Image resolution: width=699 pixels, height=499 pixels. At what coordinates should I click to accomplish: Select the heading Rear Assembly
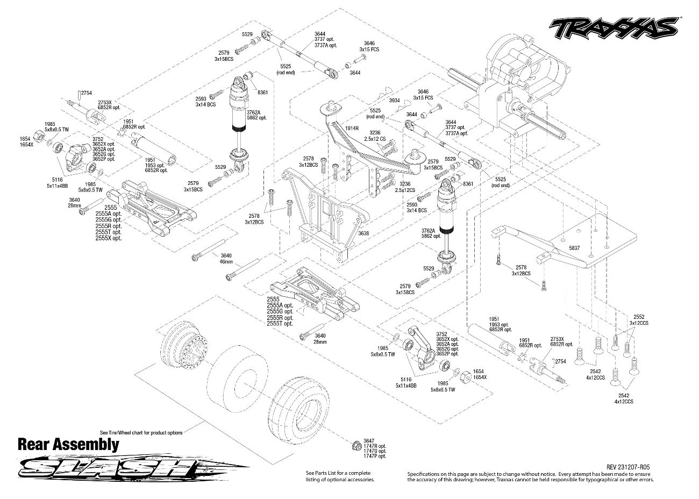coord(68,445)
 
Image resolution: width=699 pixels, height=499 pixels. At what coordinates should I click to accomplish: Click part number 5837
coord(575,248)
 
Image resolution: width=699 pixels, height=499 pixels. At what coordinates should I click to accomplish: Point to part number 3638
coord(363,233)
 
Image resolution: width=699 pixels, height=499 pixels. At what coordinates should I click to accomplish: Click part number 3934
coord(395,101)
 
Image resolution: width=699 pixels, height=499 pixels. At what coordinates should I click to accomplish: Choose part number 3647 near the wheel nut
coord(368,440)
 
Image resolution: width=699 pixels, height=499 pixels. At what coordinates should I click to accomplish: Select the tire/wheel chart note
coord(141,432)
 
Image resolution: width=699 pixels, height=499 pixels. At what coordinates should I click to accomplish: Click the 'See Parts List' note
coord(339,476)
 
